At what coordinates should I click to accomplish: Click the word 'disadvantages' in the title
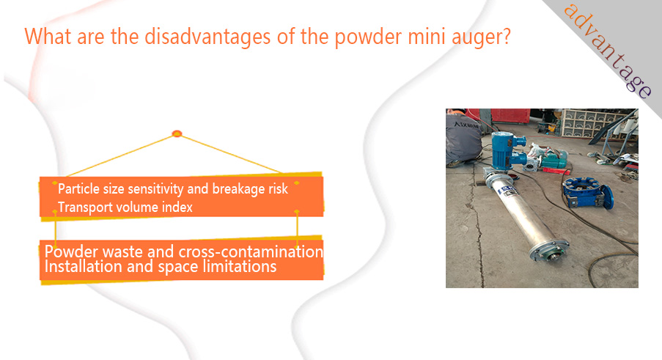click(x=207, y=37)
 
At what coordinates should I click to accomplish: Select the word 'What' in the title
click(x=48, y=37)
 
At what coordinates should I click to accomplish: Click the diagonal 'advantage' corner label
click(x=608, y=51)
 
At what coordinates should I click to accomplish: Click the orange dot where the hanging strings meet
click(x=177, y=133)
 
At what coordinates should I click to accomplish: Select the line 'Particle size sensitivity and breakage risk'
click(x=173, y=188)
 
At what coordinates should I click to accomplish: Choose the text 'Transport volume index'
click(x=125, y=207)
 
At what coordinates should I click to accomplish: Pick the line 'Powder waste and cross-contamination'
click(x=184, y=251)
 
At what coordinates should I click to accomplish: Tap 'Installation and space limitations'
click(x=161, y=267)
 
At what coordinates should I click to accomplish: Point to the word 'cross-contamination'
click(x=251, y=251)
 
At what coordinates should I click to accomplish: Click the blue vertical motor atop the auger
click(x=507, y=150)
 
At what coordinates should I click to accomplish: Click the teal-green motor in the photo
click(x=554, y=160)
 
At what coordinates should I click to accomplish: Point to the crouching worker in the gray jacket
click(x=463, y=138)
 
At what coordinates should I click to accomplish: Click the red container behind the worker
click(x=510, y=115)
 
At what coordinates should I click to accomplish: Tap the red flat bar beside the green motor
click(x=556, y=171)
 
